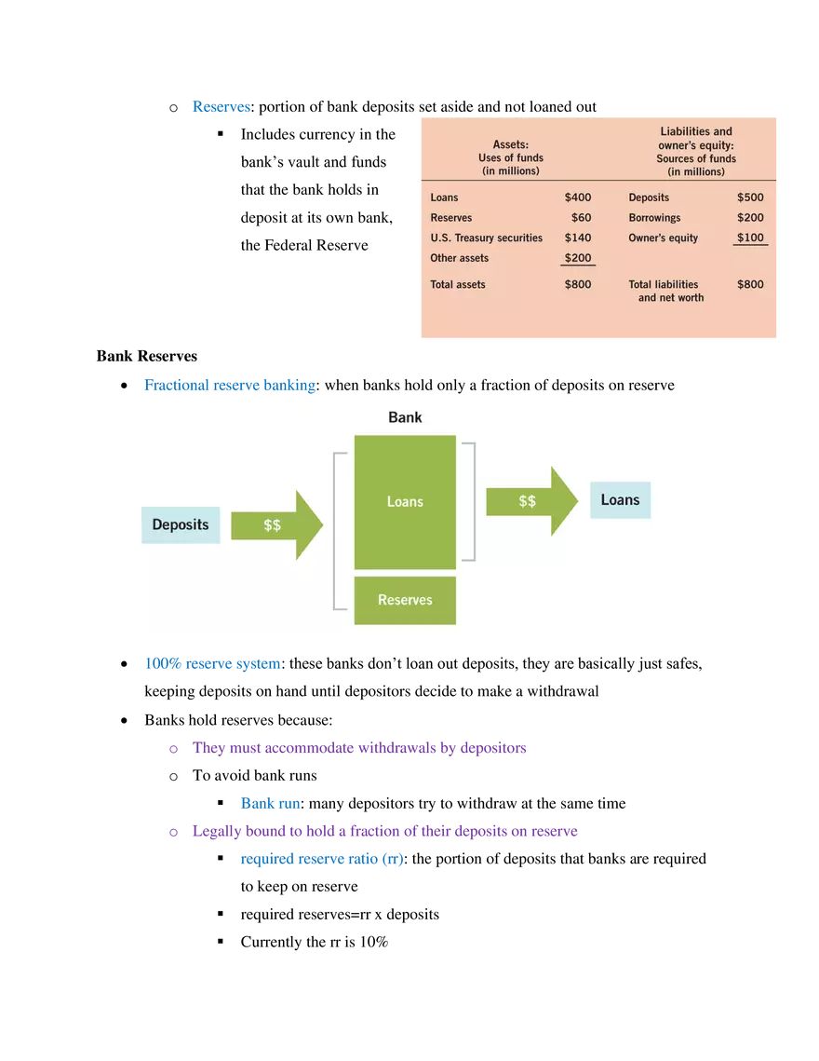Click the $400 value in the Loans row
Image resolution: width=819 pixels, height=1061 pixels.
(577, 197)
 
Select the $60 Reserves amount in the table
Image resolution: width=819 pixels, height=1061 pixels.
(581, 218)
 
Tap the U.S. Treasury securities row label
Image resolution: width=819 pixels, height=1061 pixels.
(486, 238)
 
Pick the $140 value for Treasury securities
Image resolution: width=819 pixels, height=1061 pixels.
(577, 238)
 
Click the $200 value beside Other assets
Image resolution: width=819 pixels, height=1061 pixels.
(577, 258)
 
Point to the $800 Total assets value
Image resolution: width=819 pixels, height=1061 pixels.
(577, 284)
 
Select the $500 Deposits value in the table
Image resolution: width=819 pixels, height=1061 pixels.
(750, 197)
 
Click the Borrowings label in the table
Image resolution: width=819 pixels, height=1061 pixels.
(654, 218)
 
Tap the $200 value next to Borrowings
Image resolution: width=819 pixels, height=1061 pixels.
(750, 218)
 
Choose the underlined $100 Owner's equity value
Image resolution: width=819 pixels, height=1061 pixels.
(750, 238)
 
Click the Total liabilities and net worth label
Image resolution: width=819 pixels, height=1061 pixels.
(666, 291)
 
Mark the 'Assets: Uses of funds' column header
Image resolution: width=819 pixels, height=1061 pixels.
(510, 157)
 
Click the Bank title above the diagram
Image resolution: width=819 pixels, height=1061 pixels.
(405, 417)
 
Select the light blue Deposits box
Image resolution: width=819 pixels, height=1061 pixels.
(181, 524)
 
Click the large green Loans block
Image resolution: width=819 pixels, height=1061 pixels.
(405, 502)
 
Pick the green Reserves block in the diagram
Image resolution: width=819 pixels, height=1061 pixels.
(405, 600)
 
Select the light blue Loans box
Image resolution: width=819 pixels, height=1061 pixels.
(620, 500)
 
